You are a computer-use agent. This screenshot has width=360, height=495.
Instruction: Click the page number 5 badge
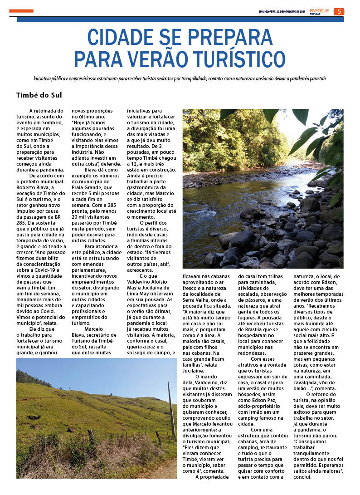[338, 11]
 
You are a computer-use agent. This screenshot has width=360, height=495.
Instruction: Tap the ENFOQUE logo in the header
[320, 10]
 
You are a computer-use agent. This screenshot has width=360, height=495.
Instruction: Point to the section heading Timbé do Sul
[39, 95]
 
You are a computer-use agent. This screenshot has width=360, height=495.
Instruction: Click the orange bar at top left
[21, 11]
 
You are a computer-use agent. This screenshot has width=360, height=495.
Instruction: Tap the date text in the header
[282, 11]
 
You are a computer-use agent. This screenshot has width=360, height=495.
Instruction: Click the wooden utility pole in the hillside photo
[171, 408]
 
